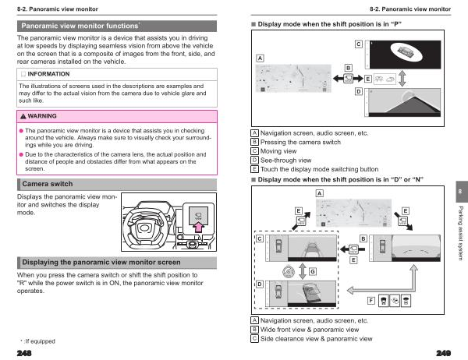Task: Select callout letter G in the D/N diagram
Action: coord(313,270)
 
